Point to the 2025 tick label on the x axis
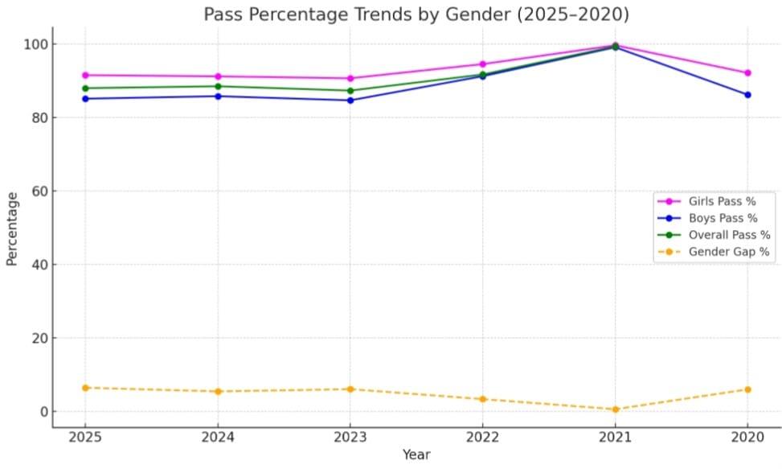point(85,437)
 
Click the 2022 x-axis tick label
point(482,437)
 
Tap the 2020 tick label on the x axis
point(747,437)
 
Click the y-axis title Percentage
point(12,228)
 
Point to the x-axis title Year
point(416,455)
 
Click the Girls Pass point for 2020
point(747,73)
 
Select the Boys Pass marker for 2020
point(747,95)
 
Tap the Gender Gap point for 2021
point(615,409)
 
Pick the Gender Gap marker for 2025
point(85,388)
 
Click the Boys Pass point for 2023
point(350,101)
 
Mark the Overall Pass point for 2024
point(218,86)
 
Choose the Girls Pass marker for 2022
point(482,64)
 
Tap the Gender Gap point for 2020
point(747,389)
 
